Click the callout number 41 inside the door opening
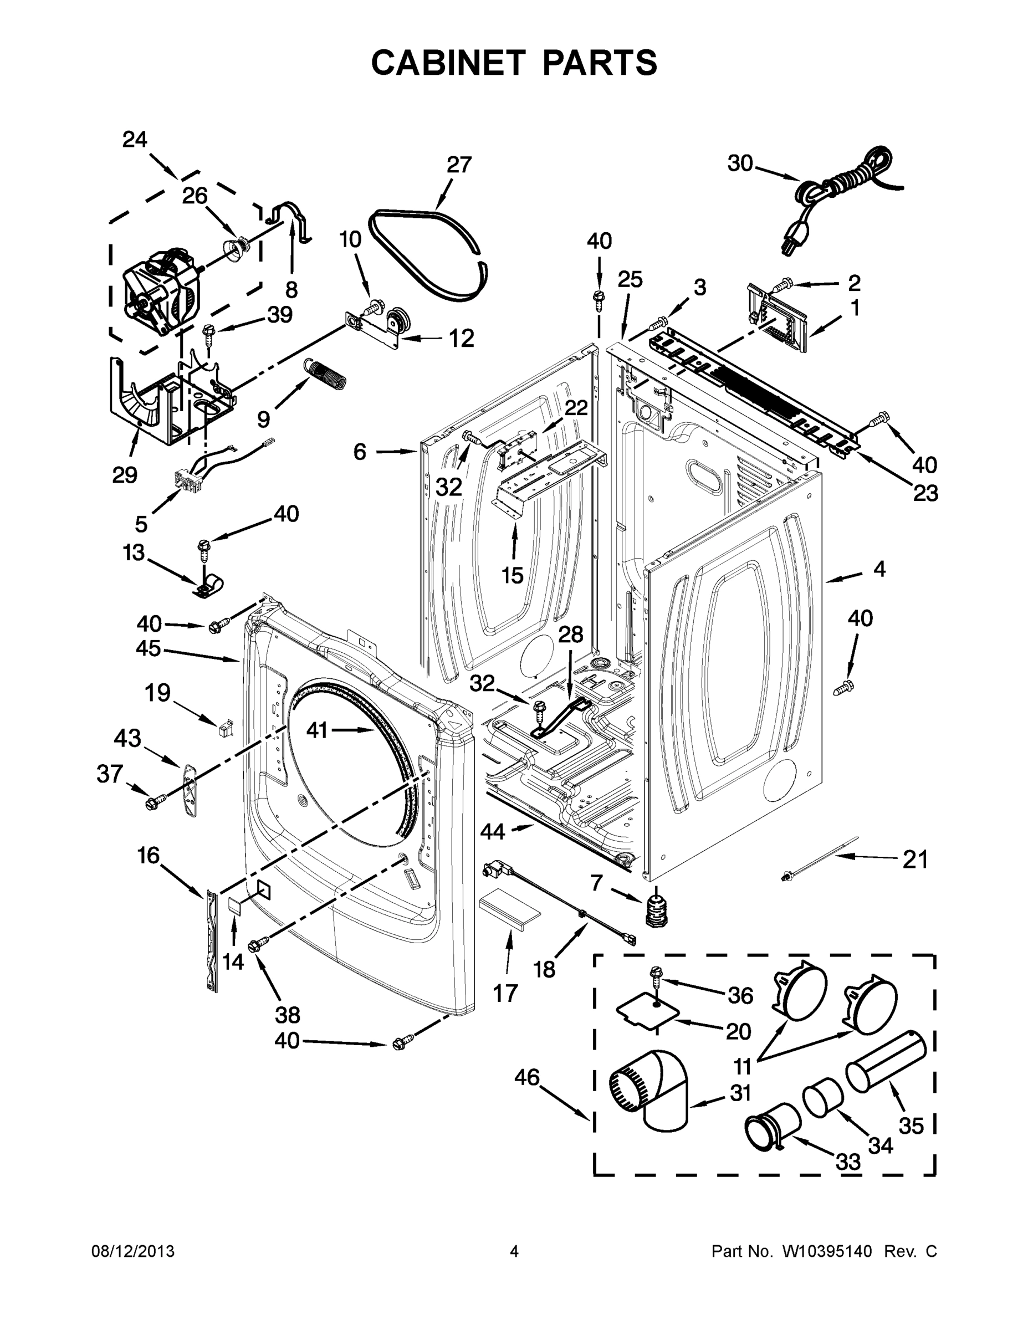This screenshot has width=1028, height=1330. pyautogui.click(x=316, y=729)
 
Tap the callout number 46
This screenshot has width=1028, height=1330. pyautogui.click(x=527, y=1077)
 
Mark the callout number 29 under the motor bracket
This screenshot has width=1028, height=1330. pyautogui.click(x=124, y=474)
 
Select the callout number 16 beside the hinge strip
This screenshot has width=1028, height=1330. pyautogui.click(x=148, y=856)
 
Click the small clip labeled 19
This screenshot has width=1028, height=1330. pyautogui.click(x=225, y=728)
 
